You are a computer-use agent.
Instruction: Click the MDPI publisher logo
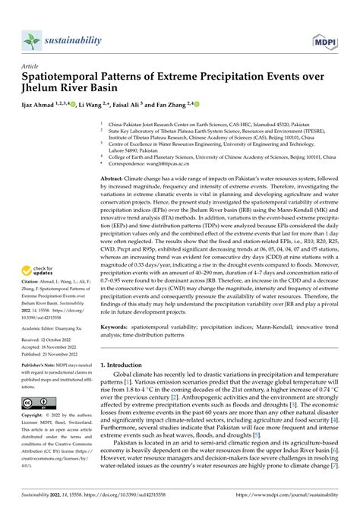coord(332,40)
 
